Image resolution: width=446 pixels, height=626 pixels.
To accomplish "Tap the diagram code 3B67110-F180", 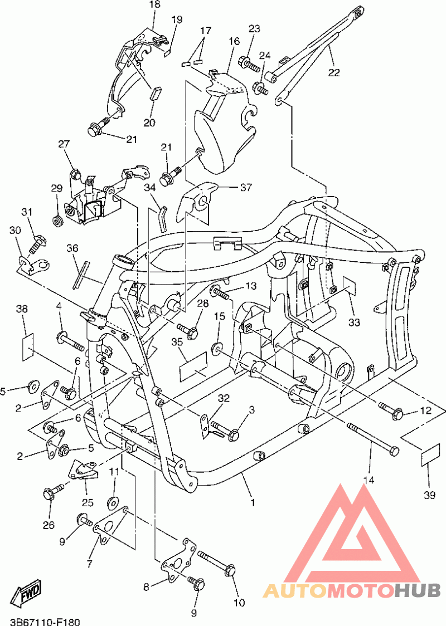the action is pos(46,622).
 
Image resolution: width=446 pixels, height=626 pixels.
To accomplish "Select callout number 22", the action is pos(334,72).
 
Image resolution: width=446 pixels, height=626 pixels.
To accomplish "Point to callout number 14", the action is pos(369,480).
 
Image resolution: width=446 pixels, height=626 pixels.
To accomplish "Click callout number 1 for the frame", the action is pos(253,502).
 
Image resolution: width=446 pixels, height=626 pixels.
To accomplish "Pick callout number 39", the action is pos(429,495).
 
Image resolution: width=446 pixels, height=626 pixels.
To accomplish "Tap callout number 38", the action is pos(22,309).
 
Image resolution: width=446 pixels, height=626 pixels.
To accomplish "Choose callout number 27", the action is pos(64,144).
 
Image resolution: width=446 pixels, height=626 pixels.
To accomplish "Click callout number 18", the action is pos(154,4).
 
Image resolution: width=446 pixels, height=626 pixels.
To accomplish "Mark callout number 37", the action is pos(246,187).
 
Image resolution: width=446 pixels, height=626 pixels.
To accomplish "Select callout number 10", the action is pos(239,603).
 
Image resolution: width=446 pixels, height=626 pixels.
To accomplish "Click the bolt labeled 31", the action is pos(37,243).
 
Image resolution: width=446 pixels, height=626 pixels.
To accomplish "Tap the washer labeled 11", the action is pos(112,502).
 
